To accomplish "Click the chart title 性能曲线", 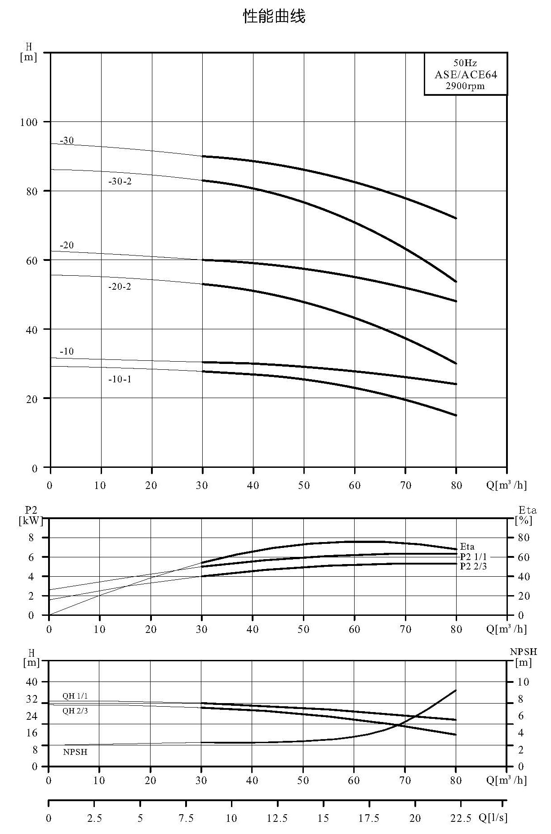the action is pos(274,17).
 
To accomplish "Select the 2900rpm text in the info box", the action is pos(465,86).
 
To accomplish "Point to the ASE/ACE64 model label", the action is pos(466,75).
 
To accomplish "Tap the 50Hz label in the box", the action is pos(465,63).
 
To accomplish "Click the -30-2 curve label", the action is pos(120,182).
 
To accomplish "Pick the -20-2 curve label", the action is pos(120,287).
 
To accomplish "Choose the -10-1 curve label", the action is pos(120,379).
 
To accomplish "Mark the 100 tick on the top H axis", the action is pos(29,122).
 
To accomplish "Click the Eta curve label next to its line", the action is pos(467,547).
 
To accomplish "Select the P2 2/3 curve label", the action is pos(473,566).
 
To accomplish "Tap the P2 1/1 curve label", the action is pos(473,556).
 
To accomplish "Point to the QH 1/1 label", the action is pos(75,696).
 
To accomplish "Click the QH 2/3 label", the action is pos(75,711).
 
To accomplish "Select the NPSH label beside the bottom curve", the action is pos(75,752).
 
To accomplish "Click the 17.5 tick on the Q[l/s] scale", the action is pos(369,817).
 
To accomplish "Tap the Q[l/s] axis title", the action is pos(493,817).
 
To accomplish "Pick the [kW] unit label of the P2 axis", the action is pos(31,520).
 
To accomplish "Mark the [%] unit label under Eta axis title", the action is pos(524,520).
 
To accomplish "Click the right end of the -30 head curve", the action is pos(456,218).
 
